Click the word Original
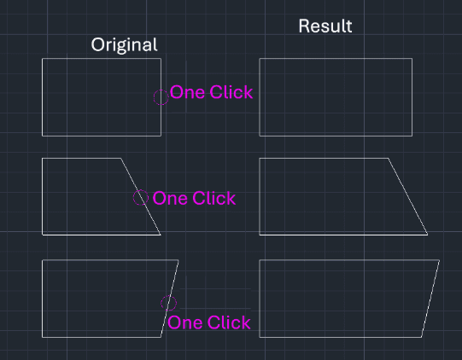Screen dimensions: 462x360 [125, 45]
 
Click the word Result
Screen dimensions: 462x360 [325, 26]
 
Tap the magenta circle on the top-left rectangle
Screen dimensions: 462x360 [161, 97]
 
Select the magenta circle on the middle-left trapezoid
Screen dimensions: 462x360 [141, 197]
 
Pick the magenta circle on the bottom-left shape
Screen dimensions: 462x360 [168, 303]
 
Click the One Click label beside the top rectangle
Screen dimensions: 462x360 [211, 92]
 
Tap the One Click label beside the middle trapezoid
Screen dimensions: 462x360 [194, 198]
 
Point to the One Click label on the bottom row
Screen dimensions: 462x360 [209, 322]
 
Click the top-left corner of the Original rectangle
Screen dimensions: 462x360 [43, 59]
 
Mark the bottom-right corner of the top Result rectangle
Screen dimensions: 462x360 [412, 136]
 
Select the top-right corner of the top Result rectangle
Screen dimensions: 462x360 [412, 59]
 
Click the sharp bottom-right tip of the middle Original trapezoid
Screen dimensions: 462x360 [161, 235]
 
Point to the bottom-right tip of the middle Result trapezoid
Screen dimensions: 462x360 [428, 235]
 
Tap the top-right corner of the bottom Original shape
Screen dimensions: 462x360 [178, 260]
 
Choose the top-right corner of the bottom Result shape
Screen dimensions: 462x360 [439, 260]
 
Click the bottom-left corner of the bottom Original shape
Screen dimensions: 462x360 [43, 337]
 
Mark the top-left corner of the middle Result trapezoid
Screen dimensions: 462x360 [260, 159]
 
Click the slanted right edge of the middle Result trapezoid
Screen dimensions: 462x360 [408, 196]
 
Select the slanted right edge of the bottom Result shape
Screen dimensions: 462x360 [430, 299]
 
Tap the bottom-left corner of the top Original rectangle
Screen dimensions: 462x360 [43, 136]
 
